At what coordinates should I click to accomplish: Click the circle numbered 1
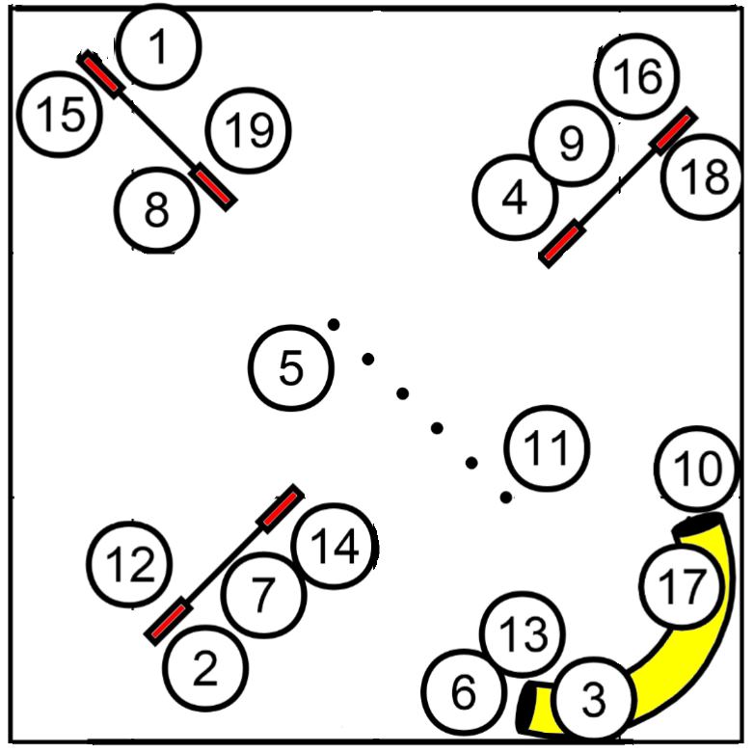[x=158, y=46]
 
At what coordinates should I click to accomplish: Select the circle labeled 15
[x=60, y=115]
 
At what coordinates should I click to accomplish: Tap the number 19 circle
[x=248, y=131]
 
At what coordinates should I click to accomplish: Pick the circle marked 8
[x=157, y=209]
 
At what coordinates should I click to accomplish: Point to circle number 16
[x=636, y=76]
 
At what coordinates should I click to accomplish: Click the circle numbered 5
[x=291, y=368]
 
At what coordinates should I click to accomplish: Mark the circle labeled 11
[x=547, y=448]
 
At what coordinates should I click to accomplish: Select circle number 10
[x=697, y=469]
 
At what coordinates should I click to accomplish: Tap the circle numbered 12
[x=129, y=564]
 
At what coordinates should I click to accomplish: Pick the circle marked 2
[x=205, y=668]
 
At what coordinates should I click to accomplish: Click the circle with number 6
[x=464, y=692]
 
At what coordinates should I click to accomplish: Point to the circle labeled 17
[x=682, y=585]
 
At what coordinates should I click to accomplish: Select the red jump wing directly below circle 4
[x=562, y=243]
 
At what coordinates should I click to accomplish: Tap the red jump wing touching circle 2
[x=169, y=621]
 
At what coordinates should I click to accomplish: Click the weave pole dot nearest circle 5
[x=334, y=325]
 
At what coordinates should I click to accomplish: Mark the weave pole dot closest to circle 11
[x=505, y=498]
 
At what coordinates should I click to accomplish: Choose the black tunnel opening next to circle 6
[x=525, y=707]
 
